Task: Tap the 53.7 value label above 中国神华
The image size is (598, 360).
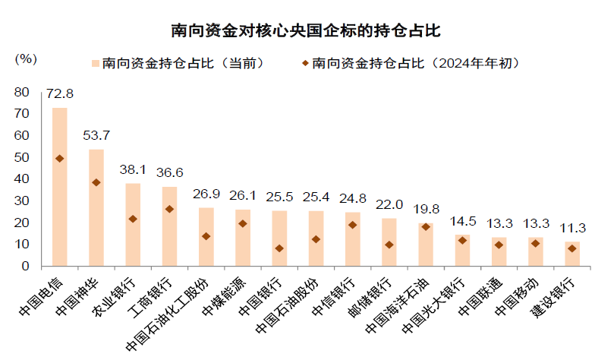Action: click(x=96, y=136)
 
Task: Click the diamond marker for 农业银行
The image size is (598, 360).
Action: click(x=133, y=219)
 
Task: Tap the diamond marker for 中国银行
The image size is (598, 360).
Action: click(x=279, y=248)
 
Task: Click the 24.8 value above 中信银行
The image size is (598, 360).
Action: click(x=352, y=199)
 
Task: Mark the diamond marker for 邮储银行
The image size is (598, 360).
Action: click(x=389, y=245)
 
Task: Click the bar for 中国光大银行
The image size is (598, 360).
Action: click(x=462, y=251)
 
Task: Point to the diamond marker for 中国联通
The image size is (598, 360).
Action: click(x=499, y=245)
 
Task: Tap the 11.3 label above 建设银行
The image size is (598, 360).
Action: click(x=572, y=228)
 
